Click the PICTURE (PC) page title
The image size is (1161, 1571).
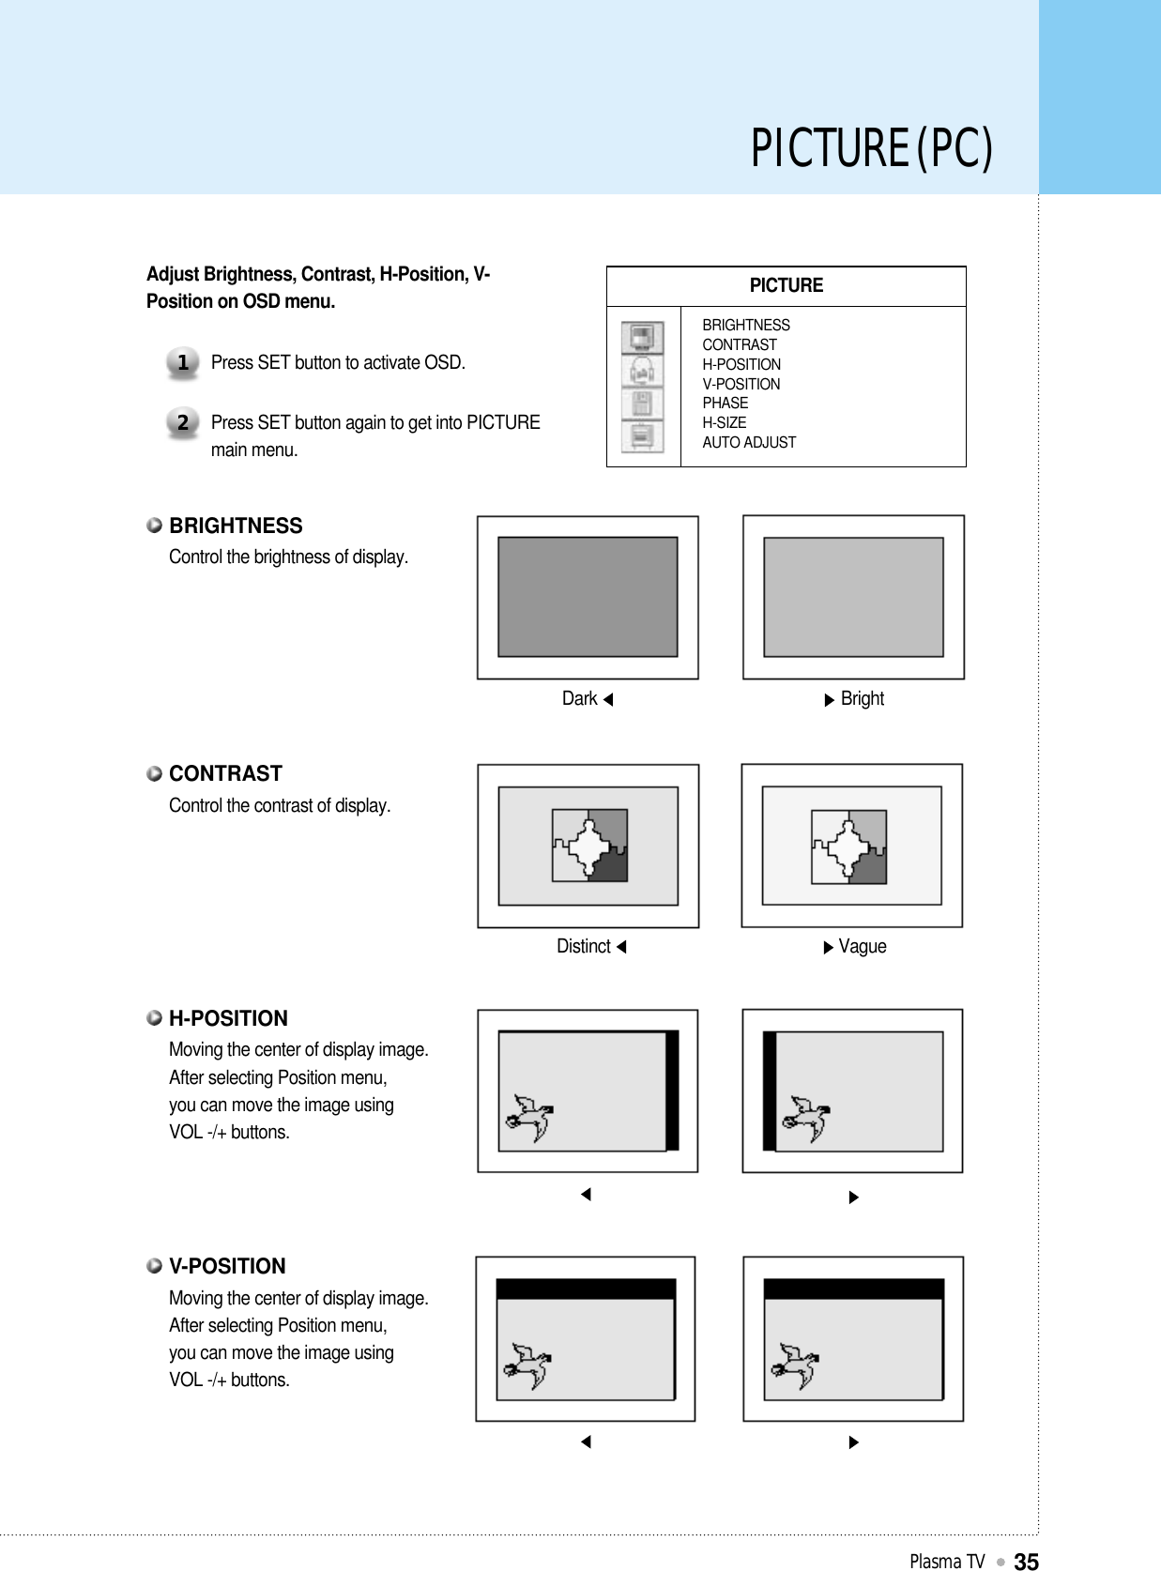pos(871,148)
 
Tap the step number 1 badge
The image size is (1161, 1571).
pos(183,362)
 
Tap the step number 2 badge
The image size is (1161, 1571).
pos(183,422)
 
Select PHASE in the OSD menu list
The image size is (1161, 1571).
pos(726,403)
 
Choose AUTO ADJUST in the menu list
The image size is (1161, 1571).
pos(749,442)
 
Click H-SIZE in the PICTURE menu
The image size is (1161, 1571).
pos(725,422)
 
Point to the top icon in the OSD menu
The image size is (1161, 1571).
pos(642,337)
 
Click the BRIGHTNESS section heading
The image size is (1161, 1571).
pos(236,526)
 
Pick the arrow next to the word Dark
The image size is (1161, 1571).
pos(608,699)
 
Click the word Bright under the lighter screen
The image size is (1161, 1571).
pos(863,698)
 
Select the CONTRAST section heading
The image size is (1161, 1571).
pos(225,773)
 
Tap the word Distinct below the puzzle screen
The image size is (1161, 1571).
pos(584,946)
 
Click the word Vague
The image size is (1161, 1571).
pos(863,946)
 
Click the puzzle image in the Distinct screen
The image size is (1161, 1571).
pos(589,846)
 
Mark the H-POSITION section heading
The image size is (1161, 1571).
pos(228,1018)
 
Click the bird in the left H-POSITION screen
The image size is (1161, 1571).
pos(529,1118)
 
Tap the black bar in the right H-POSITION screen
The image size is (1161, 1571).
pos(770,1091)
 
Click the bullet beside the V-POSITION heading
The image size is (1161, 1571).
pos(155,1266)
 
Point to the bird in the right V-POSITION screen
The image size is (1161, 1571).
pos(794,1365)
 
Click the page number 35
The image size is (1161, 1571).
pos(1026,1561)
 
